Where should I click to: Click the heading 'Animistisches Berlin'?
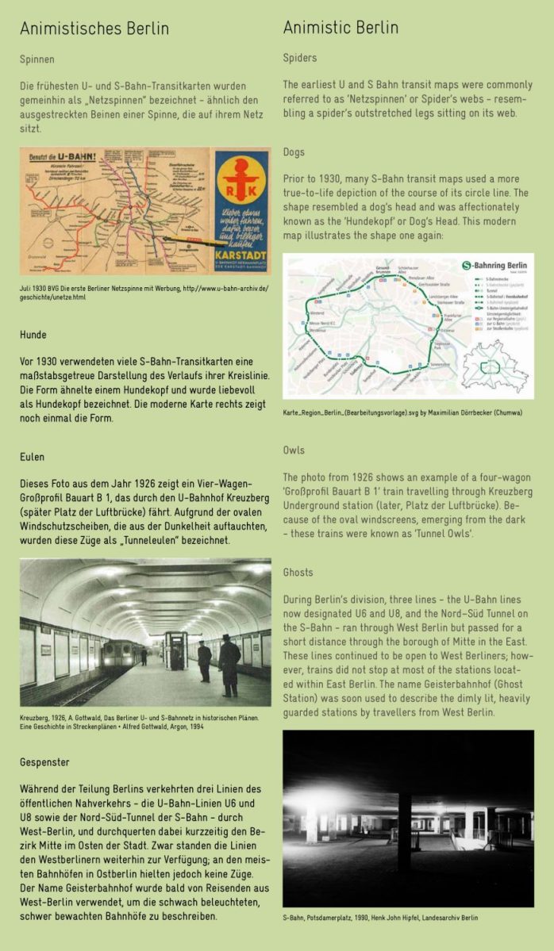pyautogui.click(x=94, y=29)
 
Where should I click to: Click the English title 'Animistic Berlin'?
pyautogui.click(x=340, y=29)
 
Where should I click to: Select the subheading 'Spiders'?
pyautogui.click(x=299, y=58)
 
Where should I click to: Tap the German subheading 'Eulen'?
pyautogui.click(x=32, y=457)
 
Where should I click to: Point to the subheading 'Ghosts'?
pyautogui.click(x=298, y=572)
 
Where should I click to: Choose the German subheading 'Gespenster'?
pyautogui.click(x=44, y=762)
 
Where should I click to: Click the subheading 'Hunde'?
pyautogui.click(x=33, y=335)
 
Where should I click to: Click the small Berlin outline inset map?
pyautogui.click(x=496, y=368)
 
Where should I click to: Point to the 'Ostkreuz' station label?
pyautogui.click(x=447, y=330)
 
